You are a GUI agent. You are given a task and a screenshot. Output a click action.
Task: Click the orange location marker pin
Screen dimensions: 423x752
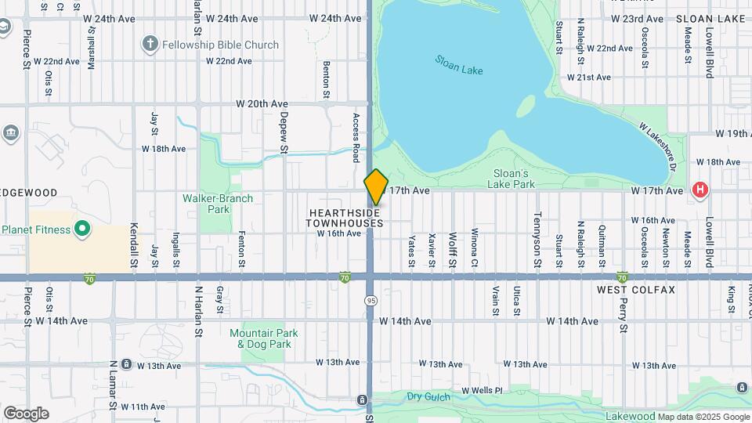(376, 187)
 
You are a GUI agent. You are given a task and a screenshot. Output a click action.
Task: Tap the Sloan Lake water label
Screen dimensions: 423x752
(459, 65)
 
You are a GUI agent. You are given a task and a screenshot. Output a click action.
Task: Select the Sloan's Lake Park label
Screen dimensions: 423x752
(514, 179)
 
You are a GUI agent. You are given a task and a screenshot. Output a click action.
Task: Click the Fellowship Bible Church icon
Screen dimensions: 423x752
(150, 45)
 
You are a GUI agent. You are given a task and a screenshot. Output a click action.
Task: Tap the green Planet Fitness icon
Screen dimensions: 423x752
(82, 230)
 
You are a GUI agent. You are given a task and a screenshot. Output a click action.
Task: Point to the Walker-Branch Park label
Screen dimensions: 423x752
(218, 204)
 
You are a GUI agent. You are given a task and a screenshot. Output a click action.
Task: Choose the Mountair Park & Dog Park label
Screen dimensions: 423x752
(260, 338)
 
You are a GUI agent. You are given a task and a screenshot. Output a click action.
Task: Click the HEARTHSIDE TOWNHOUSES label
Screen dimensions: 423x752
(345, 218)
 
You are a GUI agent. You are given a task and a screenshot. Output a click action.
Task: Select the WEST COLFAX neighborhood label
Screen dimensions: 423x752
(635, 290)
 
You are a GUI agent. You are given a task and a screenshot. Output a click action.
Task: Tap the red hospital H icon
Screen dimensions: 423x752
(700, 190)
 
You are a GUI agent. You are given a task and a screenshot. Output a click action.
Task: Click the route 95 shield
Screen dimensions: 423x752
(371, 301)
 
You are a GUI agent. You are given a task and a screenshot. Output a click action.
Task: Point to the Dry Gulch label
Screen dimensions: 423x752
(428, 398)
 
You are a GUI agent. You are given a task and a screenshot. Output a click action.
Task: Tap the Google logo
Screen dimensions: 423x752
(26, 413)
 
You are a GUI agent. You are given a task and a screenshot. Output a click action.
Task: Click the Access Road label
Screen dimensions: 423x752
(356, 137)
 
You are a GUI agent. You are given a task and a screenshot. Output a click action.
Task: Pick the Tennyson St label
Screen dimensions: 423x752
(537, 228)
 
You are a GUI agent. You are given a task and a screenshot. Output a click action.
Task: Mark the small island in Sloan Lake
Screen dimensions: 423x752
(526, 106)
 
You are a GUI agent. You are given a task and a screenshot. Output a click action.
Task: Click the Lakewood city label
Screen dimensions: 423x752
(631, 416)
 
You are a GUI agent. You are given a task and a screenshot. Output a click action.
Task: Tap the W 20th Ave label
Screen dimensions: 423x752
(262, 103)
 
